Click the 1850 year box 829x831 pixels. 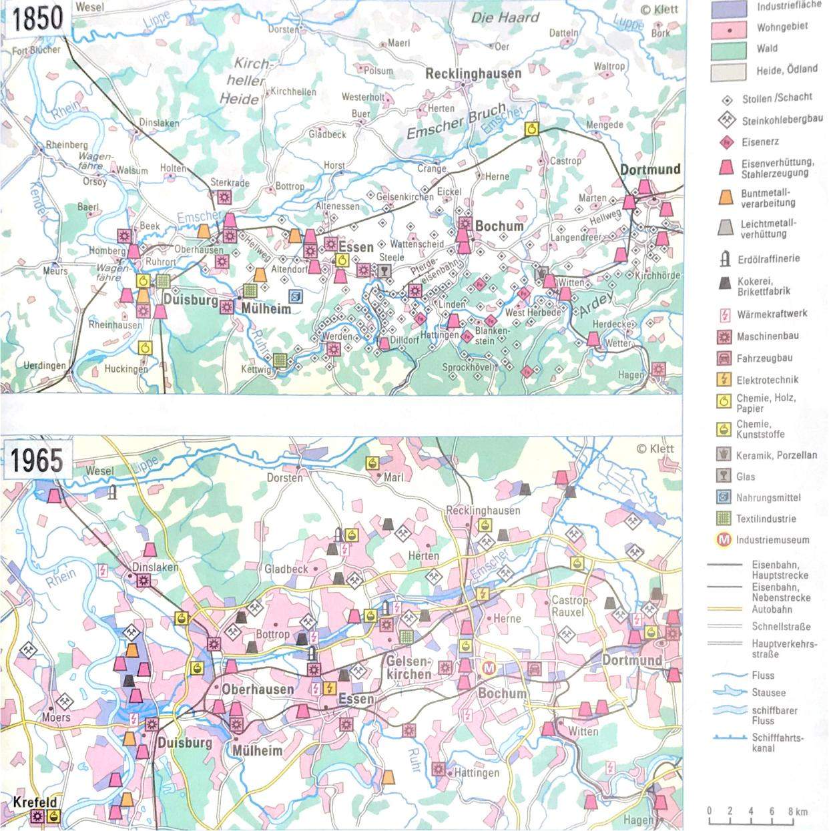(37, 18)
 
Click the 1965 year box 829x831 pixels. (37, 460)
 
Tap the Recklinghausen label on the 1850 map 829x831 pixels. (473, 73)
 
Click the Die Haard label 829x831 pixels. (505, 17)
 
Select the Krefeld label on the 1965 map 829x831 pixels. (34, 803)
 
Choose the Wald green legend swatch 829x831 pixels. (728, 49)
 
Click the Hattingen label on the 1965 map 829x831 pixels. (476, 773)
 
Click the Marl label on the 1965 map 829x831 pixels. (393, 478)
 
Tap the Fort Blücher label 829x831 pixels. (36, 50)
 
